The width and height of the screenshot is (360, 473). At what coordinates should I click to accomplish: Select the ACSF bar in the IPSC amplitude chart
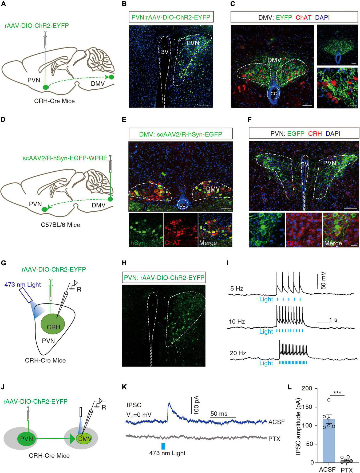[329, 440]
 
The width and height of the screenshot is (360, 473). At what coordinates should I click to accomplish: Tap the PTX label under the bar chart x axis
[347, 470]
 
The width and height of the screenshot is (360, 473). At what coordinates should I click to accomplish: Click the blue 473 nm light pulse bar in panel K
[163, 446]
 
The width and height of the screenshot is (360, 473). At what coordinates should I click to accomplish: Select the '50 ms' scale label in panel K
[219, 414]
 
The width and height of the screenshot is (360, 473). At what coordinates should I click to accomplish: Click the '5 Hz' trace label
[236, 289]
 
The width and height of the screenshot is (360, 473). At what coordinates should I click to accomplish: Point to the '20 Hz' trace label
[238, 353]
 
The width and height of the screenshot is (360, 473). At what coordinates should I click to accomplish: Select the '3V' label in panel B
[165, 52]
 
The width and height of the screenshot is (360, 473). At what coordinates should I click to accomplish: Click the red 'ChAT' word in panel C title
[303, 18]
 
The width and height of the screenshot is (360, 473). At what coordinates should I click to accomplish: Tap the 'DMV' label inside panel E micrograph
[213, 189]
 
